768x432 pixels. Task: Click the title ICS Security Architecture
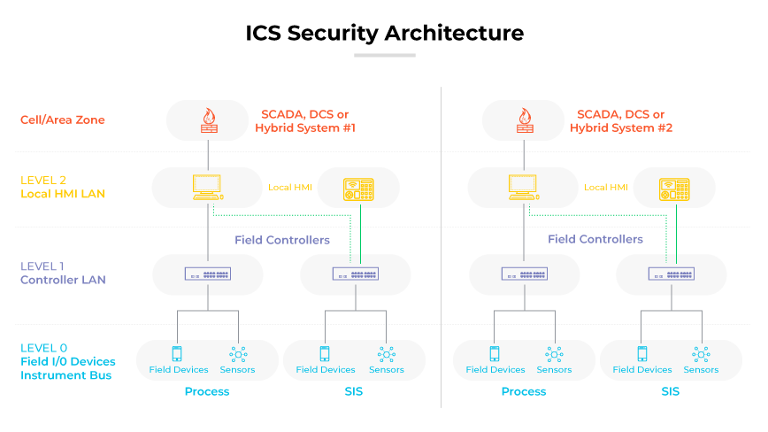(384, 33)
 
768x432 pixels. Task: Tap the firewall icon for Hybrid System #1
(208, 120)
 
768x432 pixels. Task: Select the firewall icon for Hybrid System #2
(523, 120)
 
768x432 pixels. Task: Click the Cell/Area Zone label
(62, 120)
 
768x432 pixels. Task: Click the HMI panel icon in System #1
(358, 188)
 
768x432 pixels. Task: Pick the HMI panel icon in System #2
(674, 188)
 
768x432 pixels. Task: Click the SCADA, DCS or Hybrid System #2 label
(620, 121)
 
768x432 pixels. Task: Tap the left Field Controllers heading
(281, 240)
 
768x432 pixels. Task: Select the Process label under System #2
(524, 391)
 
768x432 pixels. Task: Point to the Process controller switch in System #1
(208, 274)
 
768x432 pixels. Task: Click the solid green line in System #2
(674, 235)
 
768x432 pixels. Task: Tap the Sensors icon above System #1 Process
(238, 354)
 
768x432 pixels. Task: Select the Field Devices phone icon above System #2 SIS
(641, 354)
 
